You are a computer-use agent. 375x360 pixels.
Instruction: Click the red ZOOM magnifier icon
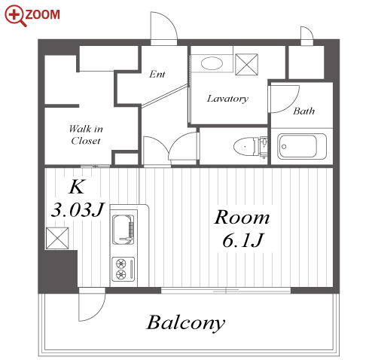pyautogui.click(x=16, y=15)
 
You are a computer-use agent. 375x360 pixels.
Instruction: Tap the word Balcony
pyautogui.click(x=186, y=323)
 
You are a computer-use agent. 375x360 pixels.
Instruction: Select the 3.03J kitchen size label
pyautogui.click(x=78, y=209)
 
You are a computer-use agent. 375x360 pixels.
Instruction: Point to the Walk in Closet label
pyautogui.click(x=86, y=135)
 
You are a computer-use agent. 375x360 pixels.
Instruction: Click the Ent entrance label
pyautogui.click(x=157, y=74)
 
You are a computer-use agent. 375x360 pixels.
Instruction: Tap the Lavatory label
pyautogui.click(x=227, y=99)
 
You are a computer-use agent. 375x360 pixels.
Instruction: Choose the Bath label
pyautogui.click(x=303, y=111)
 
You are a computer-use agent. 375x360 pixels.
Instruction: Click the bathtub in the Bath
pyautogui.click(x=302, y=146)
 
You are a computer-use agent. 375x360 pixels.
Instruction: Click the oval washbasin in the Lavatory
pyautogui.click(x=212, y=63)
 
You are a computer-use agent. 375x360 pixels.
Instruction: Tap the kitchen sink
pyautogui.click(x=123, y=230)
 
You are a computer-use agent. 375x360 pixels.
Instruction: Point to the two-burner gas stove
pyautogui.click(x=123, y=270)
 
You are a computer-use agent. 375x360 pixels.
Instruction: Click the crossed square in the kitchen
pyautogui.click(x=57, y=238)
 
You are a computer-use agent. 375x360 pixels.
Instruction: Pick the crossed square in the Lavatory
pyautogui.click(x=246, y=65)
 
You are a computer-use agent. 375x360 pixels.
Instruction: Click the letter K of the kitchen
pyautogui.click(x=77, y=187)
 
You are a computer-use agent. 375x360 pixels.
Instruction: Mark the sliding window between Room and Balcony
pyautogui.click(x=226, y=291)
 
